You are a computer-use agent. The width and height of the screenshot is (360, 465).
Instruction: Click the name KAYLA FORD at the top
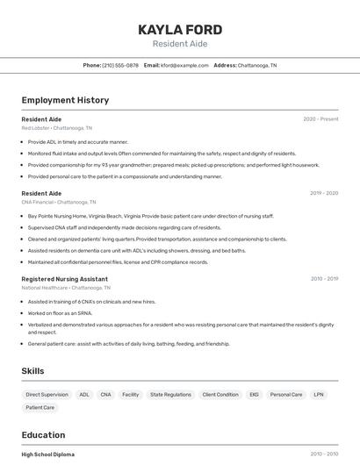pyautogui.click(x=180, y=29)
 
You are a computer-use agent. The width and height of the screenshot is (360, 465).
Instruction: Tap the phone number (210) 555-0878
pyautogui.click(x=120, y=65)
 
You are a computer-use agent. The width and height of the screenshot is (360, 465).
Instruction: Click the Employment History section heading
pyautogui.click(x=65, y=100)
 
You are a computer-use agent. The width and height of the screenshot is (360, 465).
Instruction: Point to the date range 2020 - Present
pyautogui.click(x=320, y=118)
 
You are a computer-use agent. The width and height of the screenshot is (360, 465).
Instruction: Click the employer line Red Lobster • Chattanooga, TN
pyautogui.click(x=57, y=127)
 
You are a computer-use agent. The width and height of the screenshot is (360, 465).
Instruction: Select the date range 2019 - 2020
pyautogui.click(x=324, y=193)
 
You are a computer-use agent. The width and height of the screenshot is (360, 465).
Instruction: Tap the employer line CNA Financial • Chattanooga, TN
pyautogui.click(x=60, y=202)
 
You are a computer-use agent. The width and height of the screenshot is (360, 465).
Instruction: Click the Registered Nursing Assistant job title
pyautogui.click(x=63, y=279)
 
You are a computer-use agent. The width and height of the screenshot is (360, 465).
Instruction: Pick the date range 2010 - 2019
pyautogui.click(x=324, y=279)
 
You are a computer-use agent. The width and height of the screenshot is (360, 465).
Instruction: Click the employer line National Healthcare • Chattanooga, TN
pyautogui.click(x=66, y=288)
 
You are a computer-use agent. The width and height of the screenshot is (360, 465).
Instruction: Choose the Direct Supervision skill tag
pyautogui.click(x=47, y=395)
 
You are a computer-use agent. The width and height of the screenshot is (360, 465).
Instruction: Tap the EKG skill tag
pyautogui.click(x=254, y=395)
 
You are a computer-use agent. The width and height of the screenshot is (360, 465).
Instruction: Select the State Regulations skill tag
pyautogui.click(x=170, y=395)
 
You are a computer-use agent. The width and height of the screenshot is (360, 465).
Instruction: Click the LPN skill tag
pyautogui.click(x=319, y=395)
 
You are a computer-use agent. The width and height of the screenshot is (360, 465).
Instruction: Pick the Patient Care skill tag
pyautogui.click(x=40, y=407)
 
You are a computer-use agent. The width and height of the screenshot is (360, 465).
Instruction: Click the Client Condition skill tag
pyautogui.click(x=220, y=395)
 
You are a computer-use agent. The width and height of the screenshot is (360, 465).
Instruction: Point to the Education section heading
pyautogui.click(x=43, y=435)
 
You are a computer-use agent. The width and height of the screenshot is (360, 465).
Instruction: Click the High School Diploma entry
pyautogui.click(x=48, y=454)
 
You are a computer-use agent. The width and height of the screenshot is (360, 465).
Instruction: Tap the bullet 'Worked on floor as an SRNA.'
pyautogui.click(x=61, y=312)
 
